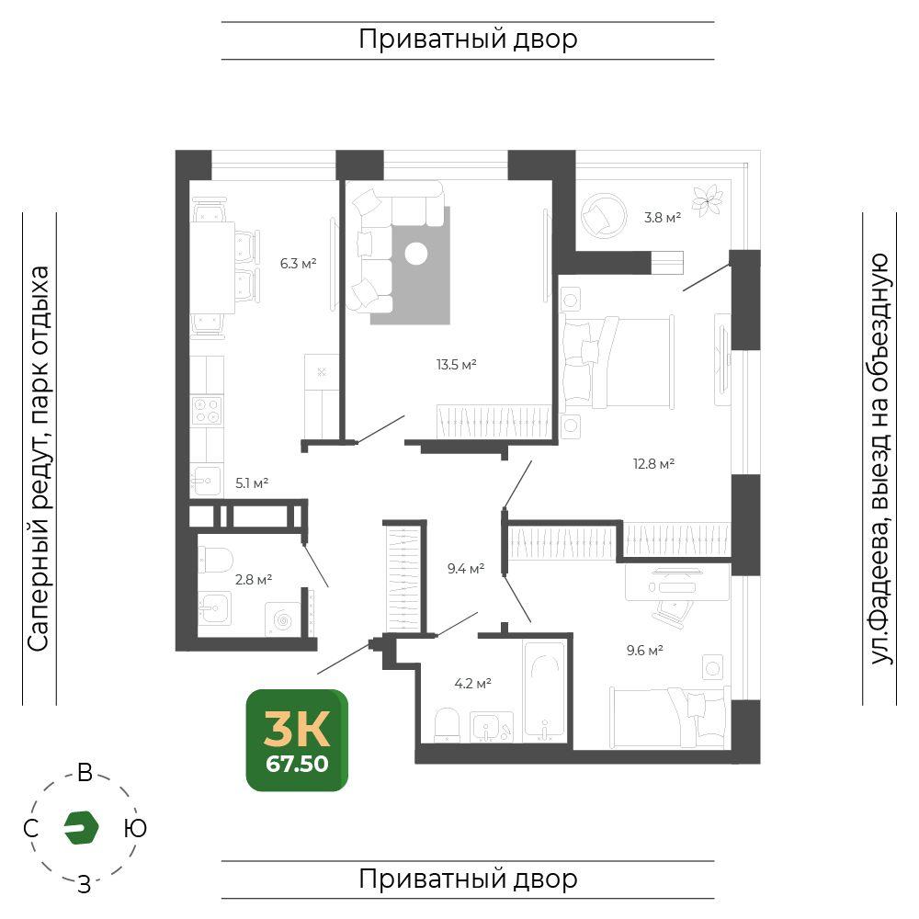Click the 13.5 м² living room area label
coord(456,365)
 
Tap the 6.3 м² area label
coord(298,263)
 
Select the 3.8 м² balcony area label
coord(663,218)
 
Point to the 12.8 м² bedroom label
coord(653,463)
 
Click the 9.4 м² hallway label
coord(465,568)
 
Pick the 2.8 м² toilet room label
coord(254,580)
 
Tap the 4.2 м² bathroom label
coord(472,683)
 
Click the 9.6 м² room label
coord(645,650)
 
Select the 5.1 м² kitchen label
coord(252,483)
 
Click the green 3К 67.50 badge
coord(297,740)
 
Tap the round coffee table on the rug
coord(416,254)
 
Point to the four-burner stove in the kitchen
coord(207,410)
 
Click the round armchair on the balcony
coord(604,215)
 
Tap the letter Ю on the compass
coord(135,828)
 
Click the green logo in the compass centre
coord(81,828)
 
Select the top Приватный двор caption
coord(468,40)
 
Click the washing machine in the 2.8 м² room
coord(282,618)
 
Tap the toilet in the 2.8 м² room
coord(214,560)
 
